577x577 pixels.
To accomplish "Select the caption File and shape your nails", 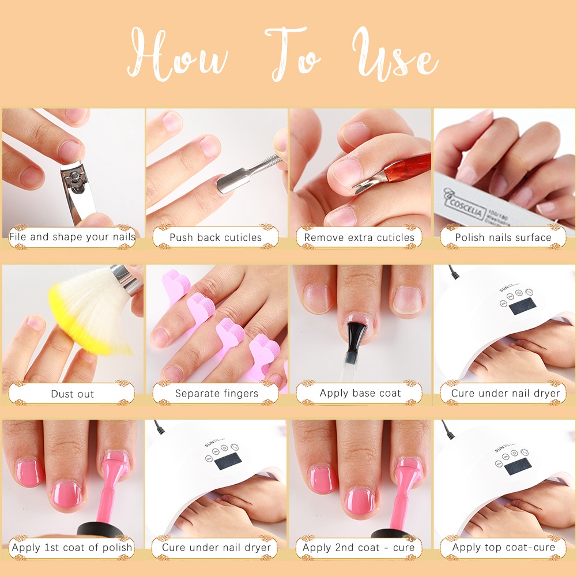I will click(72, 237).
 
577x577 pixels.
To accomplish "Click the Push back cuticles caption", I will click(216, 237).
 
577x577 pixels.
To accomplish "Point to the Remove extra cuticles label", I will click(359, 237).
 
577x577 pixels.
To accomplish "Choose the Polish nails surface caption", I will click(503, 237).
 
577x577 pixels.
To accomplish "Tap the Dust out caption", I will click(72, 394).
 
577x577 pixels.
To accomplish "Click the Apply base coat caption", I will click(360, 393).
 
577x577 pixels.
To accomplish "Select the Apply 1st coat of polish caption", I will click(72, 548).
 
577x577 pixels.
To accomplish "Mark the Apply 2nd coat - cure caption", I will click(359, 548).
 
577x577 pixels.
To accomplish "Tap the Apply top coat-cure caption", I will click(503, 548).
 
